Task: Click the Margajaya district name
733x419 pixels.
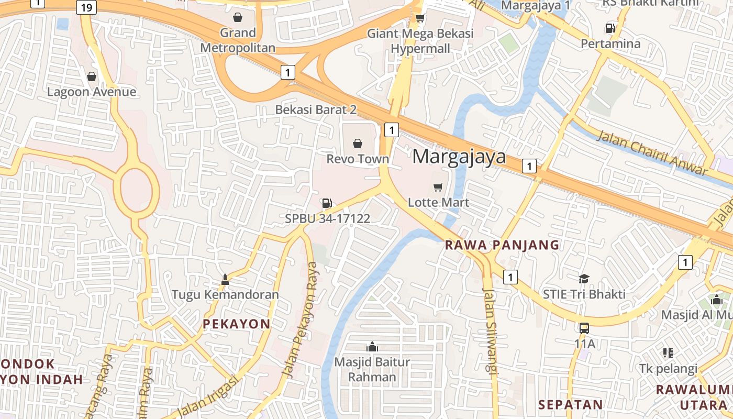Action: [459, 157]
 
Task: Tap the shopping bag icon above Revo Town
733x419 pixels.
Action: [358, 143]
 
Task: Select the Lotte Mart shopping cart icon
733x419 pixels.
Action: [438, 187]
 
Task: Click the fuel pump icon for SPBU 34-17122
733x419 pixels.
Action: [327, 203]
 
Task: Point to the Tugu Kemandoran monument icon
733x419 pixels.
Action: [225, 280]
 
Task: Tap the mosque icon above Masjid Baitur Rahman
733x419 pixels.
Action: [372, 346]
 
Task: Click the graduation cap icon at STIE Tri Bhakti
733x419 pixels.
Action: [584, 279]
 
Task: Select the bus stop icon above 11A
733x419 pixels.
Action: [584, 328]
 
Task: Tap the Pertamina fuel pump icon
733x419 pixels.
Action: [610, 28]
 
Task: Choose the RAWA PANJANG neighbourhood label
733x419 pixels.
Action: [502, 245]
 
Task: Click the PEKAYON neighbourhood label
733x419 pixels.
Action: [236, 324]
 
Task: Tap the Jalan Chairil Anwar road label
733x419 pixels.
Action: [652, 152]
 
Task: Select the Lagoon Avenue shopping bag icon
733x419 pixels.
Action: [92, 76]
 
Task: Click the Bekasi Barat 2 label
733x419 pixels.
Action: [316, 109]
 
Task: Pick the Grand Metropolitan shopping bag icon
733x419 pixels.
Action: [238, 17]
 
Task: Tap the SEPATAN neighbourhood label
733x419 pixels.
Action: [571, 404]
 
